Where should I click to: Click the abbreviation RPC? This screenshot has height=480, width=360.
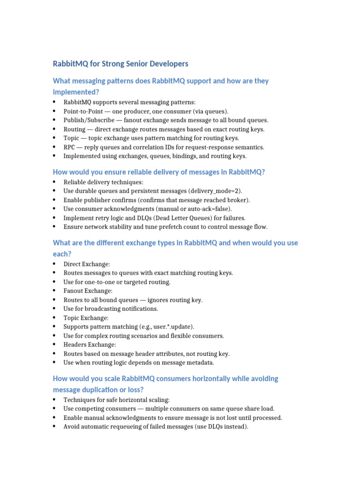(70, 147)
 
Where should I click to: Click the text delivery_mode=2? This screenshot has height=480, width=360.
(214, 191)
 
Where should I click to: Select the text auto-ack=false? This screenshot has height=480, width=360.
(208, 209)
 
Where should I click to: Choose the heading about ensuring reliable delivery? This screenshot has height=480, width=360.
(159, 172)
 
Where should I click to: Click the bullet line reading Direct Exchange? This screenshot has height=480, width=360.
(87, 264)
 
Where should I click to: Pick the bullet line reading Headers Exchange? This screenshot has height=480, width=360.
(90, 345)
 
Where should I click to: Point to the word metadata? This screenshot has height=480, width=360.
(201, 362)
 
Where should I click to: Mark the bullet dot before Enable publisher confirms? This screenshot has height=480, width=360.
(55, 200)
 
